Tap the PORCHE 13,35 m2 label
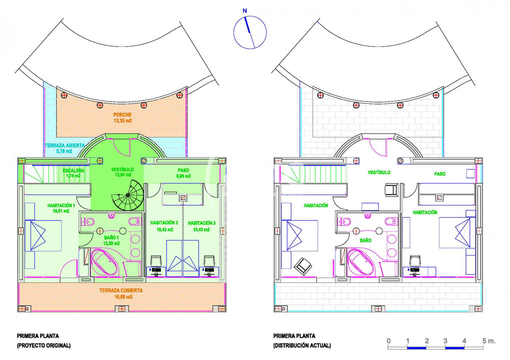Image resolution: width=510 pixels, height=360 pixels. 123,117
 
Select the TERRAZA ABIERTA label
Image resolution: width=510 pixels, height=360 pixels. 65,145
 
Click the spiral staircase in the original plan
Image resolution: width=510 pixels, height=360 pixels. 128,195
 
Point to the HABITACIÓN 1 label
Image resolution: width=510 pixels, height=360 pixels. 61,205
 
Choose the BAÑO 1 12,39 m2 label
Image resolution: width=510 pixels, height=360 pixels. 111,240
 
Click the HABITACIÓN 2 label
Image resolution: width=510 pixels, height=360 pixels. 164,223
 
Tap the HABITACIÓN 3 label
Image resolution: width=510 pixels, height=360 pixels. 202,223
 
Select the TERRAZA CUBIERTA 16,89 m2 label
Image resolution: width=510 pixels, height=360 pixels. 121,293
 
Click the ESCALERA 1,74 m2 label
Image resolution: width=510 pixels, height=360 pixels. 73,173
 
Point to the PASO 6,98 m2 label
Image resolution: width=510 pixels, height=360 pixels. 184,173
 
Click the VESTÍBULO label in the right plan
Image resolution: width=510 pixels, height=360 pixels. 379,172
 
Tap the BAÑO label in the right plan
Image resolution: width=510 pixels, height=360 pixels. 365,240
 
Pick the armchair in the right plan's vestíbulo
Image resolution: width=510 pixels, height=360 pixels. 391,189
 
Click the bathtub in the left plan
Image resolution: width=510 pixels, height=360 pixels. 104,262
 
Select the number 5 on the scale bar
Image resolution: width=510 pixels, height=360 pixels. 484,341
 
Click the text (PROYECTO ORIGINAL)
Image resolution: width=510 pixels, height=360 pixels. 44,345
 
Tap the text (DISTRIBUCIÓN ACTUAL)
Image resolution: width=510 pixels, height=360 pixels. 302,345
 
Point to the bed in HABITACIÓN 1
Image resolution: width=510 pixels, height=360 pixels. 43,235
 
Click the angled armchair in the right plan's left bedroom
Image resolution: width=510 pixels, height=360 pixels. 303,266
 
